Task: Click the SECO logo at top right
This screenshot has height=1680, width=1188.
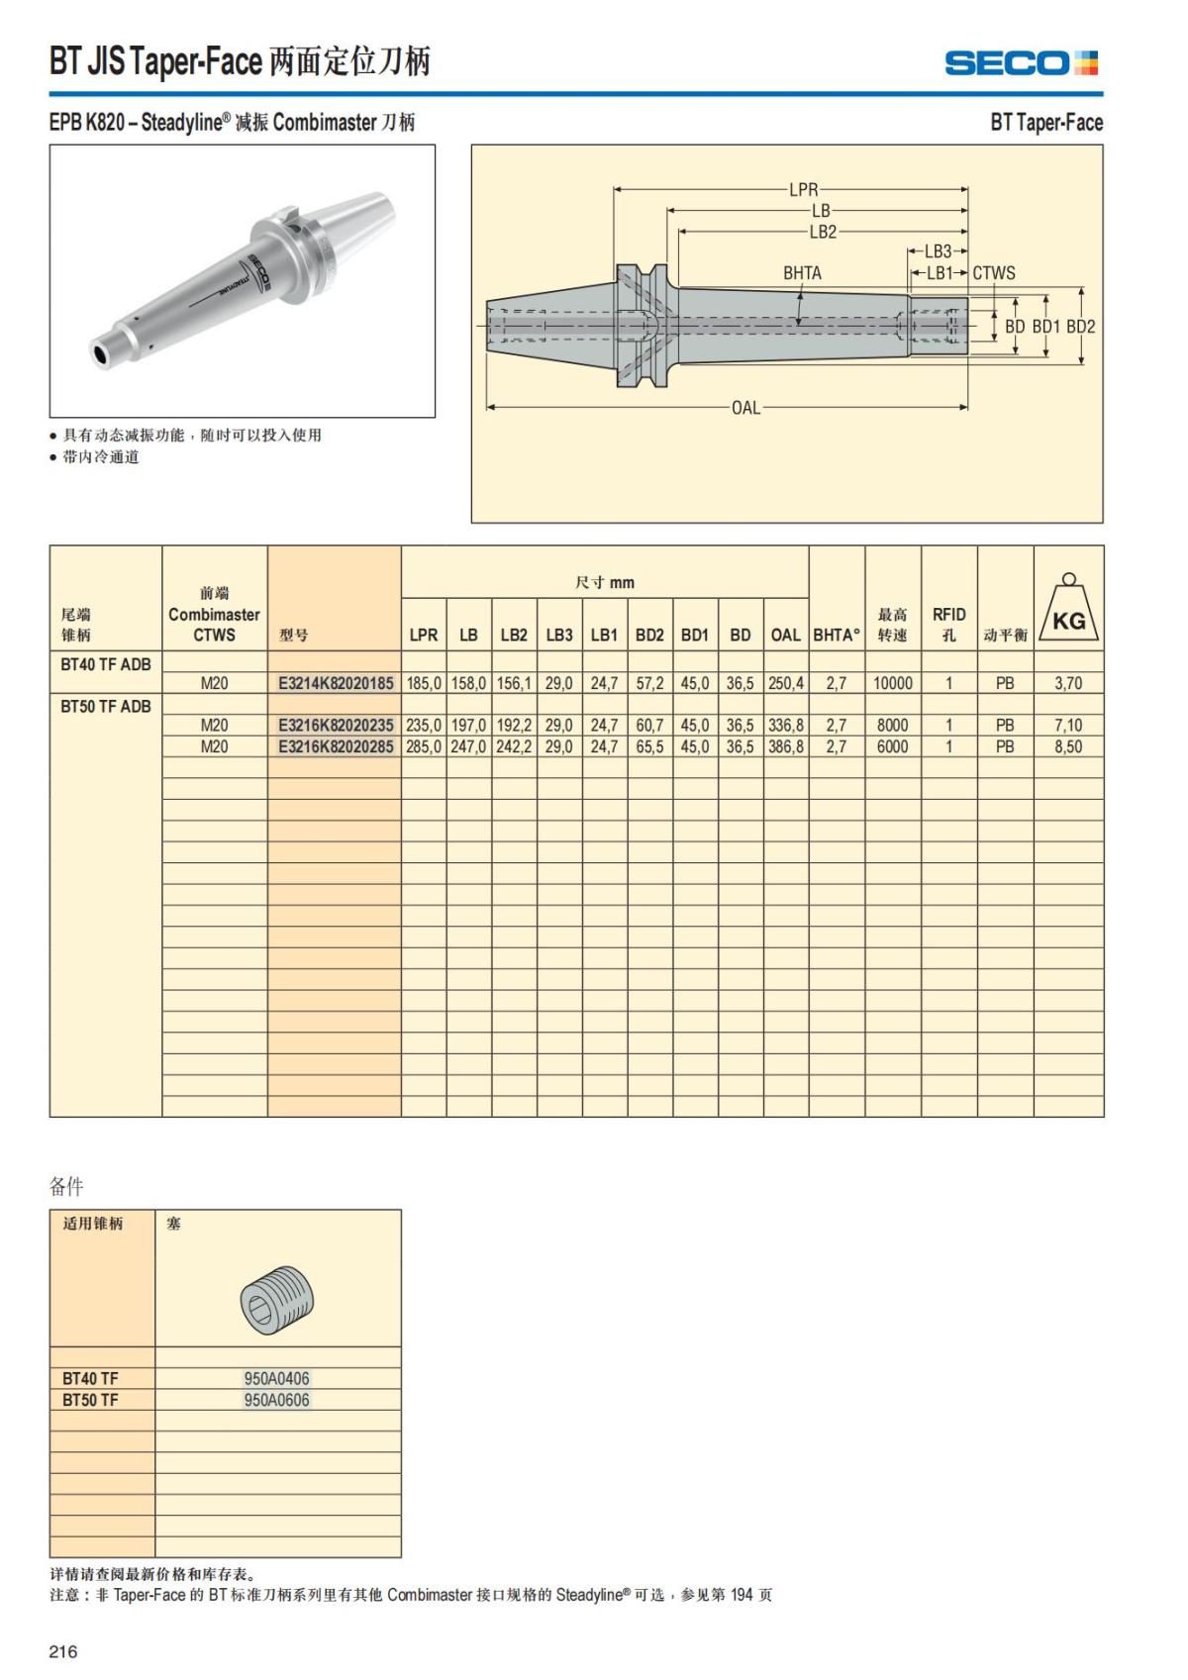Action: coord(1021,63)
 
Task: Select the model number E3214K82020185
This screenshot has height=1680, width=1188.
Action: coord(336,683)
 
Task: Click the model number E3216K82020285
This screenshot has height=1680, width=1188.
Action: coord(336,746)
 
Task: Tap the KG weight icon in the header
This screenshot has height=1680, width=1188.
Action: coord(1068,609)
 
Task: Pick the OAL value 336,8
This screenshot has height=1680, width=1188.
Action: coord(786,726)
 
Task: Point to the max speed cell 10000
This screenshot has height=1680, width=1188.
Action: coord(892,683)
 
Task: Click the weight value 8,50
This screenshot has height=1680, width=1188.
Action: coord(1067,746)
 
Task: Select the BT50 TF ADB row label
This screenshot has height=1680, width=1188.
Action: coord(106,706)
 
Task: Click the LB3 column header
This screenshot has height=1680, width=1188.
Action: coord(559,635)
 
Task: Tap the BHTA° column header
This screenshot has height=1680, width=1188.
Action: coord(837,635)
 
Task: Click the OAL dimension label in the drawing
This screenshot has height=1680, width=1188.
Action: coord(745,407)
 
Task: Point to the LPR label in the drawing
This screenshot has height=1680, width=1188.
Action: coord(803,189)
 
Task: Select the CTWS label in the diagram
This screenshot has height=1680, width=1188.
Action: coord(993,273)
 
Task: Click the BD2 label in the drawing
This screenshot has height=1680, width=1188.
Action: coord(1081,327)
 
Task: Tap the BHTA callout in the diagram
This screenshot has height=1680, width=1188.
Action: coord(802,273)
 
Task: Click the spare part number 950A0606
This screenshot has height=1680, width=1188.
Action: coord(277,1400)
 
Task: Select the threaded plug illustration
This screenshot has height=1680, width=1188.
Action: coord(277,1299)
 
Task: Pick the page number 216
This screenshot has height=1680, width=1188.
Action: coord(63,1651)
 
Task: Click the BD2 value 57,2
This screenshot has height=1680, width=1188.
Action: coord(649,683)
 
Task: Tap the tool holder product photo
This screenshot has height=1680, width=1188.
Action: coord(243,281)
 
